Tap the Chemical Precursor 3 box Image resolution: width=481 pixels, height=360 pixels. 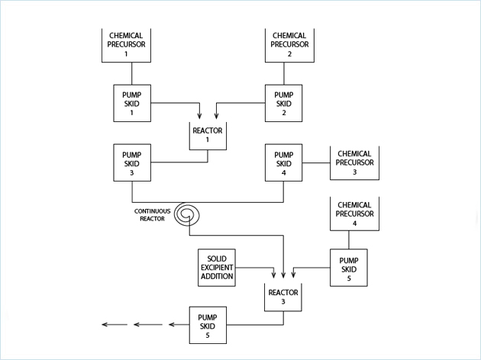[x=355, y=163]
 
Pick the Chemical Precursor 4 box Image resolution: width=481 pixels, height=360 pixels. [x=354, y=214]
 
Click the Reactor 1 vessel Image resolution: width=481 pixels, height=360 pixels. [x=207, y=135]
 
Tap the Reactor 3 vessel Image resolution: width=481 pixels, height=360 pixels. [x=283, y=297]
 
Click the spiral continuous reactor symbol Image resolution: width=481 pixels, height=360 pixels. [x=187, y=216]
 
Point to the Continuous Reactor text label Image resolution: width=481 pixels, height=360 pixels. [x=151, y=215]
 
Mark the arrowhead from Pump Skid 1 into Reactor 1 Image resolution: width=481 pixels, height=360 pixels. [x=199, y=116]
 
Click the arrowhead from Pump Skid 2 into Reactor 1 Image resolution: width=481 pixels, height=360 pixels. [x=216, y=116]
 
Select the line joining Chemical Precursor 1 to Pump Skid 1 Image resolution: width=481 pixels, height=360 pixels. [x=132, y=73]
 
